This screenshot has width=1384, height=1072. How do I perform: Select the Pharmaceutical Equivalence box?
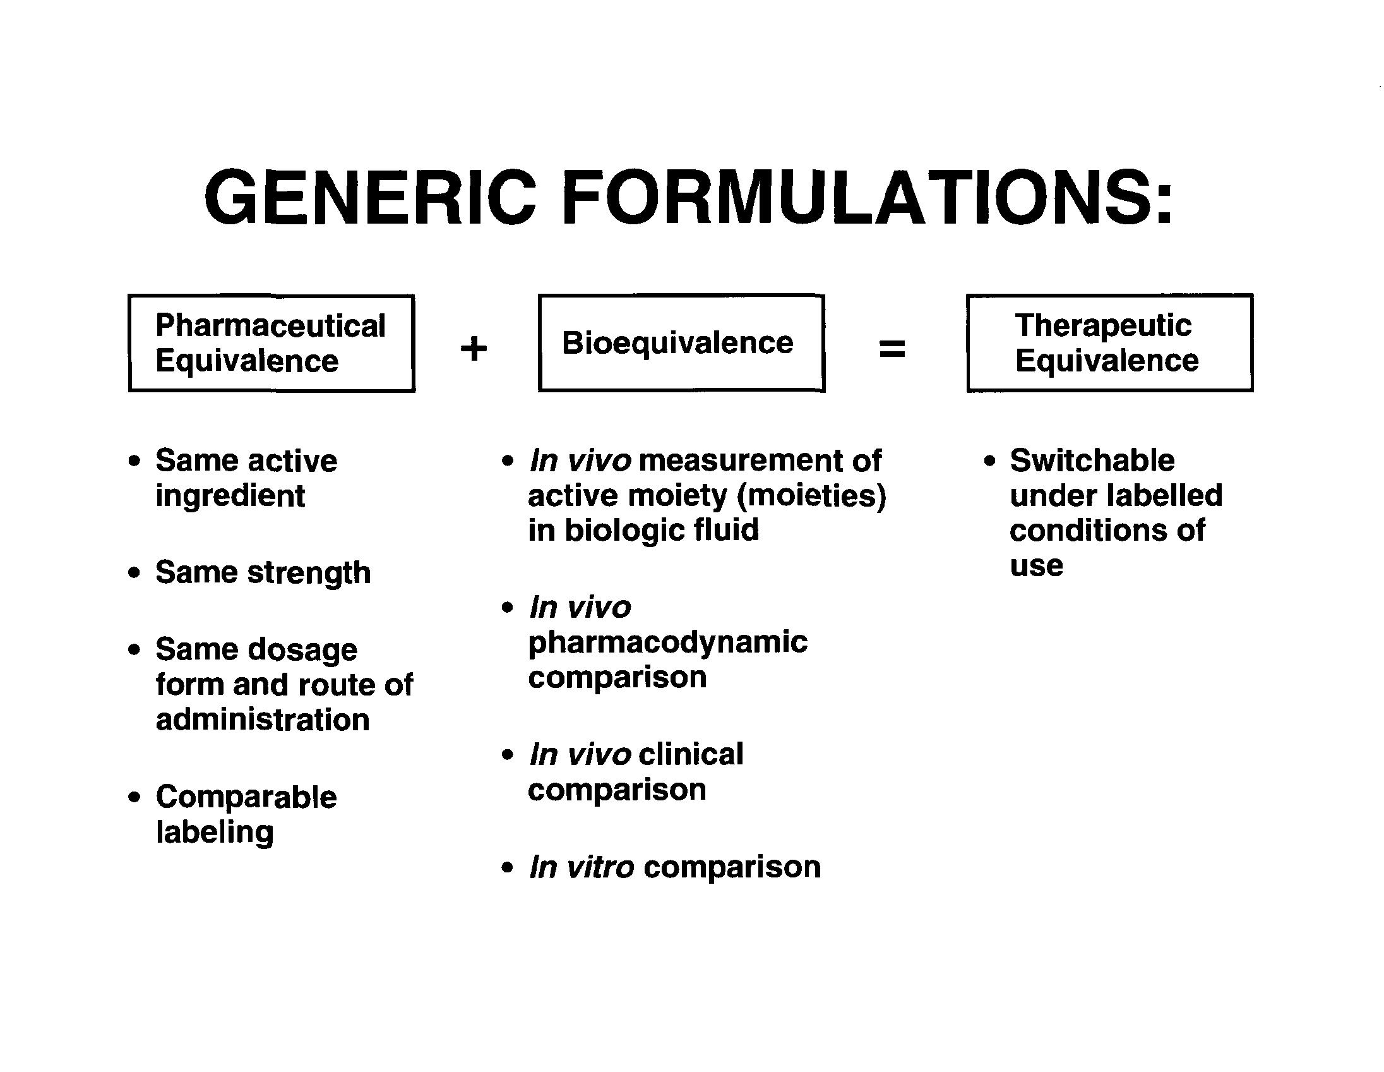pyautogui.click(x=271, y=343)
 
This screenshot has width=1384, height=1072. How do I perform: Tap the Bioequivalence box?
pyautogui.click(x=681, y=343)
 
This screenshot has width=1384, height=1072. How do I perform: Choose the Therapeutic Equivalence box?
pyautogui.click(x=1109, y=343)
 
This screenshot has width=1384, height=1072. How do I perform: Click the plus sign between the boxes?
pyautogui.click(x=474, y=349)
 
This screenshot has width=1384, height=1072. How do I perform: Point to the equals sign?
pyautogui.click(x=892, y=349)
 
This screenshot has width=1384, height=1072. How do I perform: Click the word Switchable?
pyautogui.click(x=1092, y=461)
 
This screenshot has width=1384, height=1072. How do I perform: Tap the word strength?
pyautogui.click(x=309, y=573)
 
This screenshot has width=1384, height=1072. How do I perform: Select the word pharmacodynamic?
pyautogui.click(x=668, y=642)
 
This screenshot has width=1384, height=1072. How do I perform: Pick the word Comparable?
pyautogui.click(x=246, y=797)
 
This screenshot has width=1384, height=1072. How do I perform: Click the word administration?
pyautogui.click(x=263, y=720)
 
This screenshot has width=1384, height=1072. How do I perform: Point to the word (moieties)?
pyautogui.click(x=811, y=496)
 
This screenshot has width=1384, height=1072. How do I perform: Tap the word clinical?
pyautogui.click(x=691, y=754)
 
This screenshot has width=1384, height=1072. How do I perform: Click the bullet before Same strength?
pyautogui.click(x=134, y=573)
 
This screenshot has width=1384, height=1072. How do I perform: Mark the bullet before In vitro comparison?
pyautogui.click(x=507, y=867)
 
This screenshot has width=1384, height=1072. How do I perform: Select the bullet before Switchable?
pyautogui.click(x=990, y=461)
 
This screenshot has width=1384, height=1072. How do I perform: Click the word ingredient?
pyautogui.click(x=230, y=496)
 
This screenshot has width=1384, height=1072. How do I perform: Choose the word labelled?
pyautogui.click(x=1165, y=496)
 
